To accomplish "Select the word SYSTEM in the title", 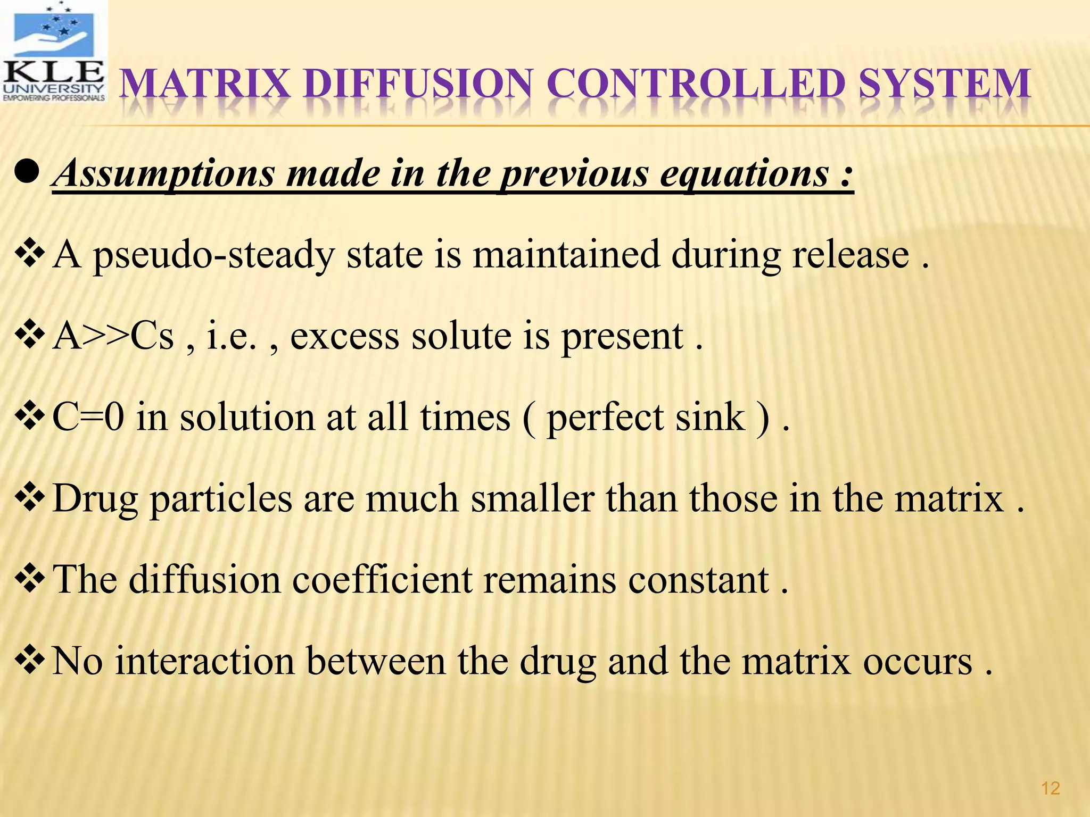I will (x=945, y=85).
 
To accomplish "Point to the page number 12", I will (x=1050, y=788).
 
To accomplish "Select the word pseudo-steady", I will (x=213, y=256).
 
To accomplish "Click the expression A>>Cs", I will (x=113, y=336).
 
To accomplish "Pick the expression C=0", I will (x=88, y=417).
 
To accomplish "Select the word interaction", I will (x=205, y=661).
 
